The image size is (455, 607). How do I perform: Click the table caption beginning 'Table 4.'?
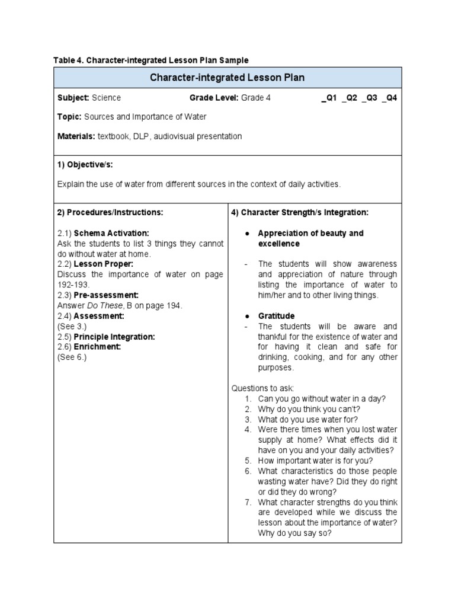pos(151,60)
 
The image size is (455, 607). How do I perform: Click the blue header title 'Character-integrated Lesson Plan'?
pos(227,78)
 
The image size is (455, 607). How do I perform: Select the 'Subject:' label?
pos(73,98)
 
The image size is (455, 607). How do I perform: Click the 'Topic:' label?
pos(69,117)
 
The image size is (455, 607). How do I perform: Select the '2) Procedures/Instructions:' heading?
pos(109,212)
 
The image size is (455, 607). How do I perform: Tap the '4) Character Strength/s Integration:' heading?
pos(305,212)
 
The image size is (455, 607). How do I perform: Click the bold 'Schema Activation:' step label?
pos(111,233)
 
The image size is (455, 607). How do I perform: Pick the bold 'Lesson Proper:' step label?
pos(103,264)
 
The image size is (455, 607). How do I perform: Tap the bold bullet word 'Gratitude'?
pos(276,316)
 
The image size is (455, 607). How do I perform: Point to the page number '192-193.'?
pos(73,285)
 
